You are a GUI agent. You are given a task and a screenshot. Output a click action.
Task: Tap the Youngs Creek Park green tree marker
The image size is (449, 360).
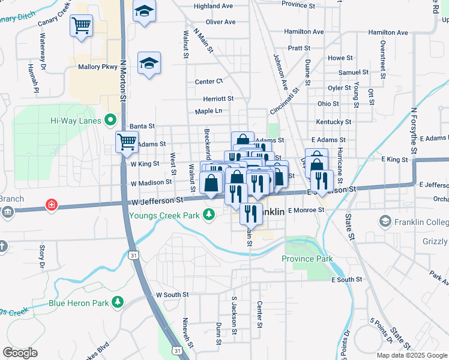[209, 214]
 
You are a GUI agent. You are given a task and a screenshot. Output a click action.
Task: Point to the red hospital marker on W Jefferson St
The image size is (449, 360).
[52, 206]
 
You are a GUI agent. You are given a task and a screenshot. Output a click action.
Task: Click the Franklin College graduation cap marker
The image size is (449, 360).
[385, 222]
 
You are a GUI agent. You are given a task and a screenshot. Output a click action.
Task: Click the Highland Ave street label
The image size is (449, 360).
[213, 6]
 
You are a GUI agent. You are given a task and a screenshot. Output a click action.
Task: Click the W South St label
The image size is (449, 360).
[172, 295]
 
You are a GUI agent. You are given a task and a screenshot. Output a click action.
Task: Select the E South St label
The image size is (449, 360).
[347, 280]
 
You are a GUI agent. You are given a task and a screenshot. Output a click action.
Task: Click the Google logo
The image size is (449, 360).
[20, 353]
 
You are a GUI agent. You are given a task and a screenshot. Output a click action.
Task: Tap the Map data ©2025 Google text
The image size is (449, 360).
[412, 355]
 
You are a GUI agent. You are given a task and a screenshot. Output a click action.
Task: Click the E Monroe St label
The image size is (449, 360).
[306, 211]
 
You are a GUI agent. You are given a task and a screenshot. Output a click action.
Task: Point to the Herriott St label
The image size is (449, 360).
[217, 98]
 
